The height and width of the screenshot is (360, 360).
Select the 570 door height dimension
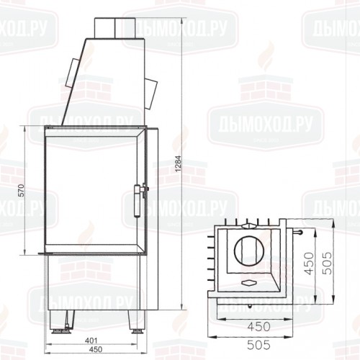(22, 192)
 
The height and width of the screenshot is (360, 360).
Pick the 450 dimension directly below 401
(90, 351)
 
